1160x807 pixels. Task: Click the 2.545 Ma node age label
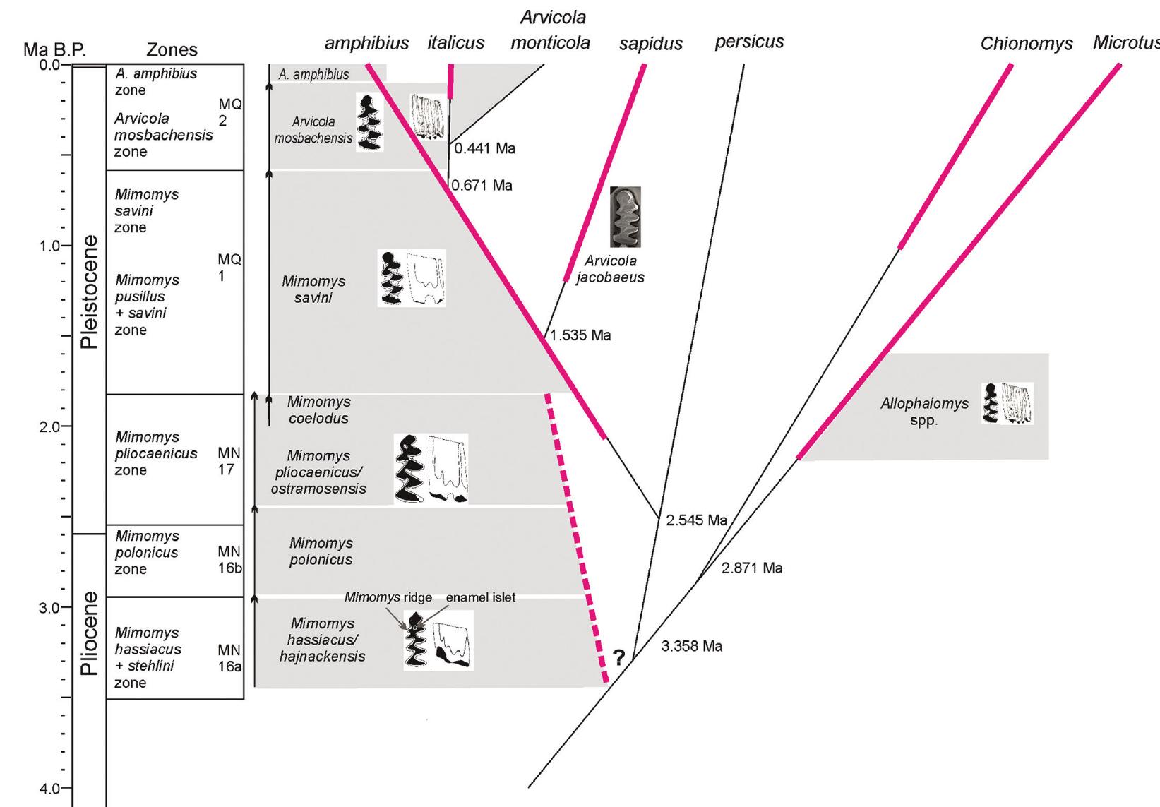[696, 520]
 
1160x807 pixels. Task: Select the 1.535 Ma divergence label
[580, 335]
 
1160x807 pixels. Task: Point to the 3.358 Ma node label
[691, 646]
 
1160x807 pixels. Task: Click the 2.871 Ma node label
[751, 568]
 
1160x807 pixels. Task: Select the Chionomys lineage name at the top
[1026, 44]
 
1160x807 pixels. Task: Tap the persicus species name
[749, 42]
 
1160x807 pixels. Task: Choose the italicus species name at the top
[455, 43]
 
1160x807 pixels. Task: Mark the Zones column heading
[172, 50]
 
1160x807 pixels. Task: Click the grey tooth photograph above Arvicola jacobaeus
[625, 217]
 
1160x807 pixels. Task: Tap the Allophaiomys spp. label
[923, 412]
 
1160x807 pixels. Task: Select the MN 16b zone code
[229, 559]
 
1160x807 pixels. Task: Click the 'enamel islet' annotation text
[480, 597]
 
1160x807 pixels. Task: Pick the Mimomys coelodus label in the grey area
[318, 410]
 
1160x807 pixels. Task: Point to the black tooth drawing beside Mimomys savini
[390, 277]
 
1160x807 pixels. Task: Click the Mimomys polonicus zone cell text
[147, 553]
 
